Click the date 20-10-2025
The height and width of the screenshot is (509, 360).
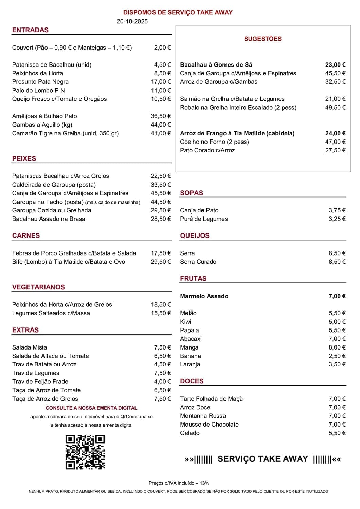tap(132, 21)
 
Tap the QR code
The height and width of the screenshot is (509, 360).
tap(85, 452)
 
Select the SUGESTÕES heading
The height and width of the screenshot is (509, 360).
tap(263, 39)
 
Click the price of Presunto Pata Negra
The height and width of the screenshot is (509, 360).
tap(161, 82)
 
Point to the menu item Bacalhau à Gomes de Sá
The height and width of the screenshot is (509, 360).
tap(216, 65)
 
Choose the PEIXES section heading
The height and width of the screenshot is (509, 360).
tap(24, 158)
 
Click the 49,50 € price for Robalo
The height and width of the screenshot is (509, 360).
tap(335, 108)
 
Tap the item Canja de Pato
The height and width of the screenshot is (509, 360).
tap(199, 210)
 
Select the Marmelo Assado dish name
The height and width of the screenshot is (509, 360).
tap(204, 296)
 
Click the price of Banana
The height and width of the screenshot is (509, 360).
tap(337, 356)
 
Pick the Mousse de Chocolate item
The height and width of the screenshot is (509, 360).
tap(209, 425)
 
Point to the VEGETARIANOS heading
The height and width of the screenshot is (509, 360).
tap(38, 287)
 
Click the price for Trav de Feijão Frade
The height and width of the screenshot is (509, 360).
tap(162, 382)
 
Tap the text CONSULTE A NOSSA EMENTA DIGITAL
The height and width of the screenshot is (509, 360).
tap(91, 408)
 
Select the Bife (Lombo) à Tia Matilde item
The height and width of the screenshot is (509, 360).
tap(69, 262)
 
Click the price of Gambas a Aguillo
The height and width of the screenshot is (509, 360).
tap(161, 125)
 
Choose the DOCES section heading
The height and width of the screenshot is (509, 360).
tap(192, 381)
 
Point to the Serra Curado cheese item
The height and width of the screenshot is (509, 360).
tap(198, 262)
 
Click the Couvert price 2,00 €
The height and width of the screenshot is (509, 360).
tap(162, 48)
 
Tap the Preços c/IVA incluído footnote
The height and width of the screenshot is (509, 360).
tap(179, 483)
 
